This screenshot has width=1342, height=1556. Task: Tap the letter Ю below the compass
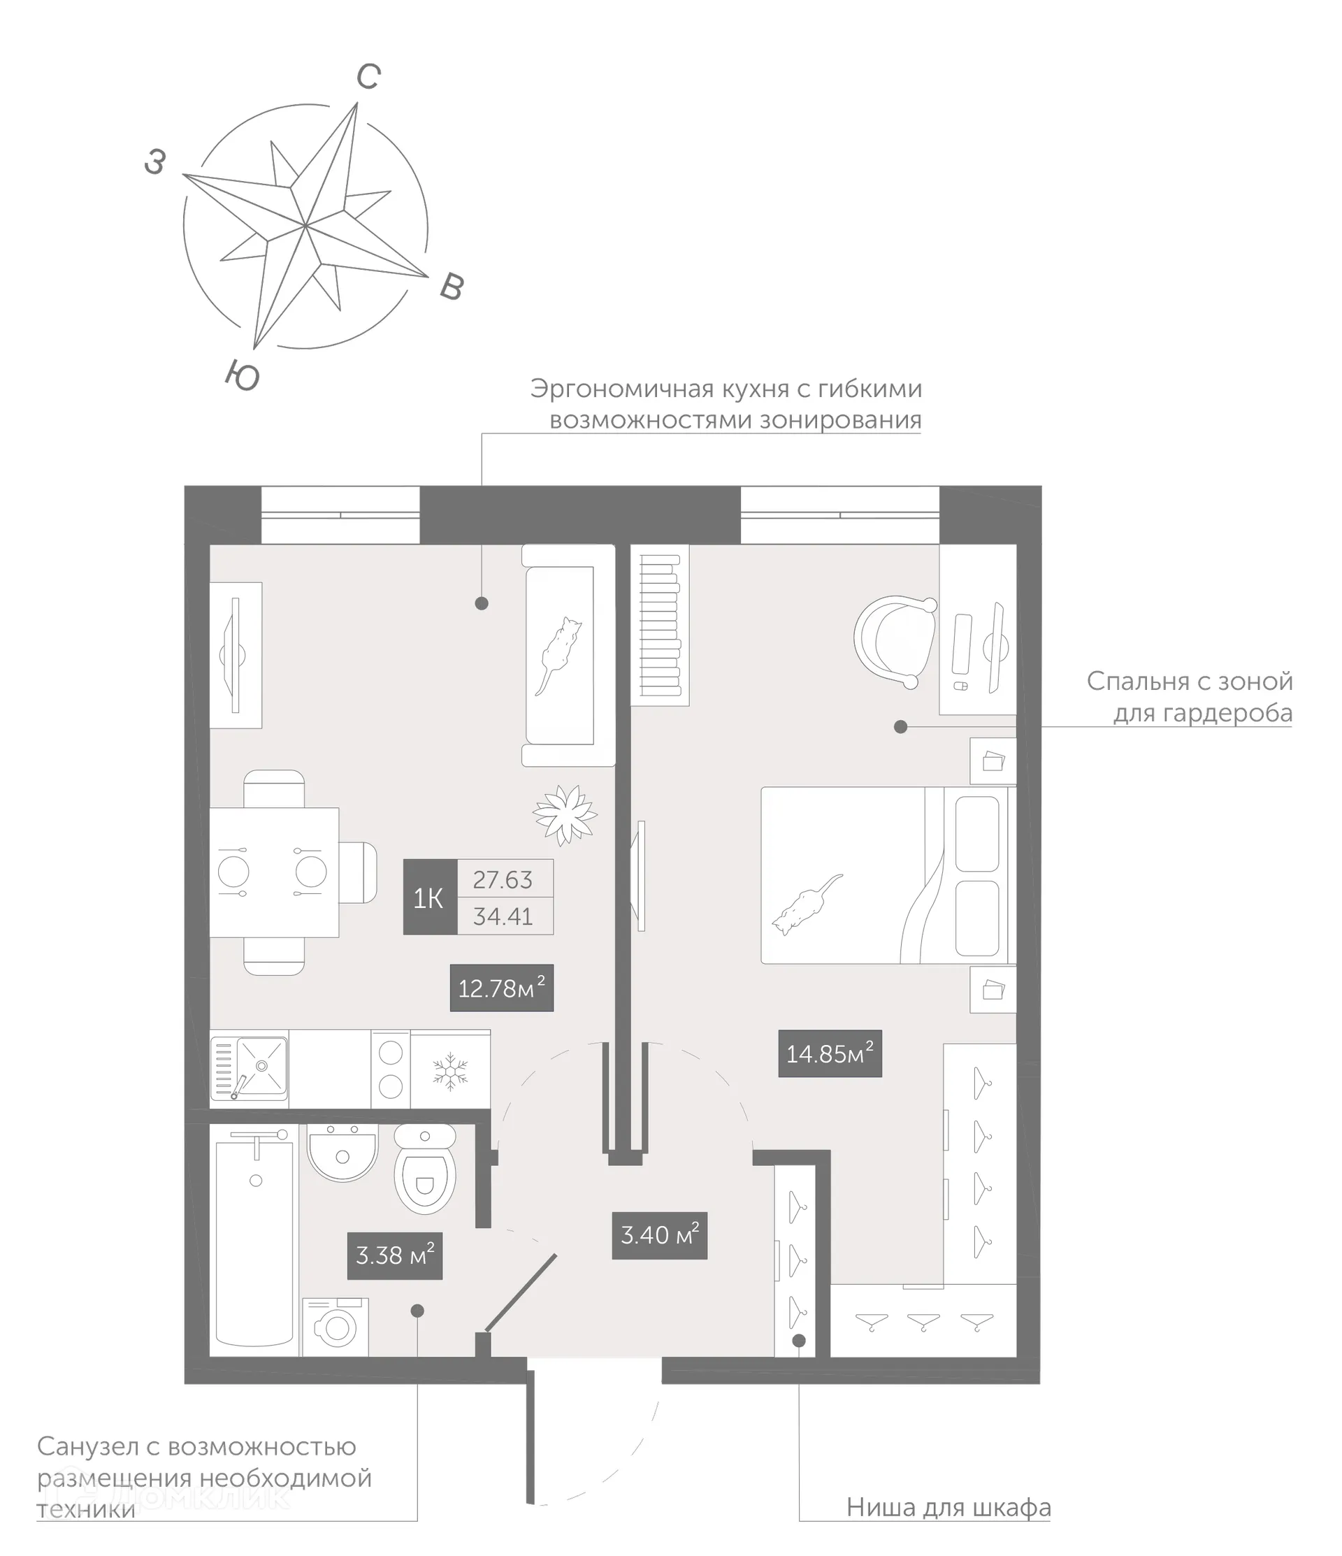click(243, 375)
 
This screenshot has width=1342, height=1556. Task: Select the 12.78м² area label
click(501, 988)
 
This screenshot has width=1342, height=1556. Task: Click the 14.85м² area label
click(829, 1053)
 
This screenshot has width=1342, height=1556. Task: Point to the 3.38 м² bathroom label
click(394, 1255)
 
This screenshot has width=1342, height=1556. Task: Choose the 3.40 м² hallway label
click(659, 1234)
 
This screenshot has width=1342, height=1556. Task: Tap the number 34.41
click(503, 916)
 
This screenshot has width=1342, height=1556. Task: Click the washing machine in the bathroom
click(335, 1327)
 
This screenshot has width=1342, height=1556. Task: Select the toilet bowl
click(424, 1178)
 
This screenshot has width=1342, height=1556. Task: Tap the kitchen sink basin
click(261, 1065)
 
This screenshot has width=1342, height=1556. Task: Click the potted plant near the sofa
click(565, 812)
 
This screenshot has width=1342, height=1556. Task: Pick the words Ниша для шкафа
click(948, 1507)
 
